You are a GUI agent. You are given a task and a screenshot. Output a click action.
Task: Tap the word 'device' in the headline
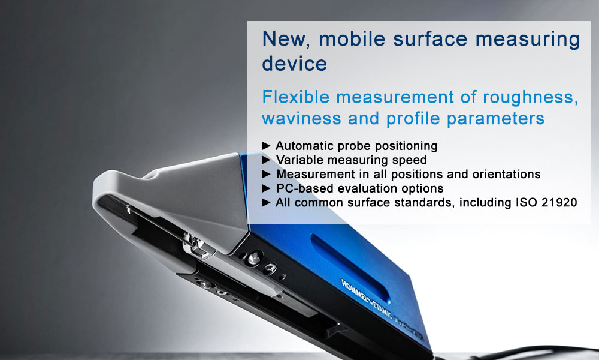[x=294, y=64]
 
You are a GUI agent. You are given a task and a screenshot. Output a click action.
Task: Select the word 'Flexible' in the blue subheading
[x=296, y=97]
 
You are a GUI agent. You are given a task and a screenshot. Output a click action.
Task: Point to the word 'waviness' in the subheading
[x=301, y=118]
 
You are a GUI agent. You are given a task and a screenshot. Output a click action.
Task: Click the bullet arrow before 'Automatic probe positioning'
[x=266, y=146]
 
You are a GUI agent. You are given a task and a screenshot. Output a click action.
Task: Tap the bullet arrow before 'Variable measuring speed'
[x=266, y=160]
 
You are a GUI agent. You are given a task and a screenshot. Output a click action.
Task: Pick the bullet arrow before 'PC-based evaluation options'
[x=266, y=188]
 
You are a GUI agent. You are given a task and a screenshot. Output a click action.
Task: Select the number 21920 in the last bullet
[x=559, y=202]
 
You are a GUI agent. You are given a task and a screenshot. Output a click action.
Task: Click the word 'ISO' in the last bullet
[x=527, y=202]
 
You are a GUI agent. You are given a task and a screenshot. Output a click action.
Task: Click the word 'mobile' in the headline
[x=352, y=39]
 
